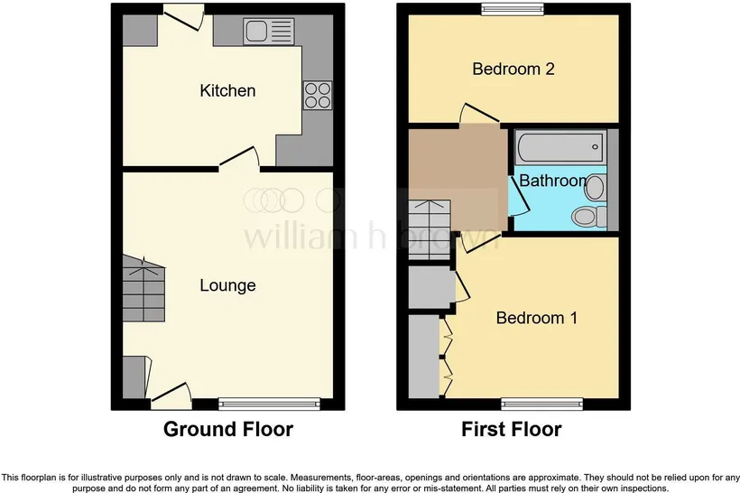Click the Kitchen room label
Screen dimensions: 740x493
pyautogui.click(x=227, y=90)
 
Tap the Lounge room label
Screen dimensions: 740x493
pyautogui.click(x=227, y=285)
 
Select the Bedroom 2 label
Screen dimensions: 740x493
pyautogui.click(x=513, y=69)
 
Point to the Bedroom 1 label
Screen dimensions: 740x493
pyautogui.click(x=537, y=318)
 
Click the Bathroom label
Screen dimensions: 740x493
pyautogui.click(x=553, y=181)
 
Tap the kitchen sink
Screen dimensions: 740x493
pyautogui.click(x=268, y=32)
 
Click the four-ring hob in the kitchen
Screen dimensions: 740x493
pyautogui.click(x=317, y=96)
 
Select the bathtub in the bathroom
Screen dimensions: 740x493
pyautogui.click(x=560, y=147)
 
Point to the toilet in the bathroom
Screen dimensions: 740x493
pyautogui.click(x=589, y=217)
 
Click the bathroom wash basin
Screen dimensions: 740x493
pyautogui.click(x=595, y=188)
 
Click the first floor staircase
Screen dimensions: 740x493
pyautogui.click(x=429, y=230)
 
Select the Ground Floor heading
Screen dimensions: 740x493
pyautogui.click(x=228, y=429)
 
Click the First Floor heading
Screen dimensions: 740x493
pyautogui.click(x=511, y=429)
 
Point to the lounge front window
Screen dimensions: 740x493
pyautogui.click(x=270, y=404)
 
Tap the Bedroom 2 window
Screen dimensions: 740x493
pyautogui.click(x=513, y=9)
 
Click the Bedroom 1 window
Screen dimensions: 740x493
pyautogui.click(x=541, y=404)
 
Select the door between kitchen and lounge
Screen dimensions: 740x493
pyautogui.click(x=240, y=158)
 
